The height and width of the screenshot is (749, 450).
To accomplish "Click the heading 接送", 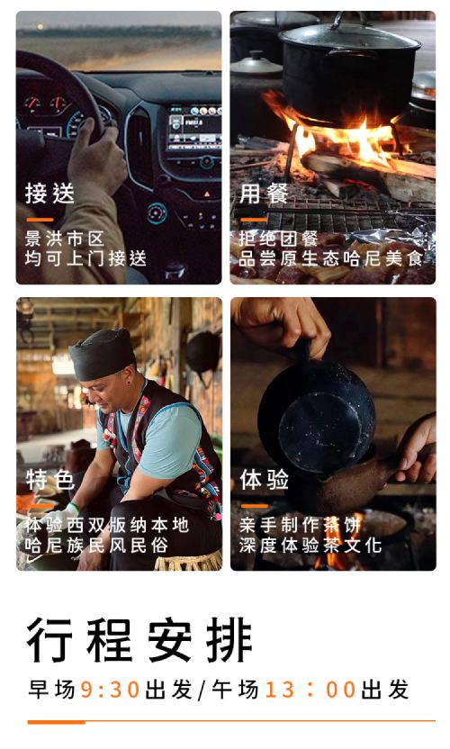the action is (49, 194).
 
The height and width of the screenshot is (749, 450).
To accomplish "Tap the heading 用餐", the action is (265, 194).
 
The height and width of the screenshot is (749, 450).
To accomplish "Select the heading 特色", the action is (49, 480).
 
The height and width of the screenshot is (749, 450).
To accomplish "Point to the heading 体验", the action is (265, 480).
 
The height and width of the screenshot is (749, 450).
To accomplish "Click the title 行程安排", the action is (139, 640).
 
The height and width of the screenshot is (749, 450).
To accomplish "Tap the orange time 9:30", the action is (110, 690).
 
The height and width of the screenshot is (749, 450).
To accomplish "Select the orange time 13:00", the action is (310, 690).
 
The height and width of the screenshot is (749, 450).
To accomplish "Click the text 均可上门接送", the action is (85, 259).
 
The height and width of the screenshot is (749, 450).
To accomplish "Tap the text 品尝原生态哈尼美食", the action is (331, 259).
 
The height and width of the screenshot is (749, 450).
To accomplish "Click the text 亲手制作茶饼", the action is (300, 525).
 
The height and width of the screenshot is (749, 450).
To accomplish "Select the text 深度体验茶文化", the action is (310, 545).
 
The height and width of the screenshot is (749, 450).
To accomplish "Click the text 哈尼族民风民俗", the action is (96, 545).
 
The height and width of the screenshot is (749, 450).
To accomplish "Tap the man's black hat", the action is (102, 354).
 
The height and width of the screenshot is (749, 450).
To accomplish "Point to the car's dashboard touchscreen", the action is (195, 128).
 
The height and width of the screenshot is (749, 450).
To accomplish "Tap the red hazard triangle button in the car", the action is (206, 194).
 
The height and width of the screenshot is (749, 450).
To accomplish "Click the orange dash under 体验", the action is (254, 506).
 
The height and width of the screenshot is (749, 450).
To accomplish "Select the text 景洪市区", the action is (65, 239).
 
